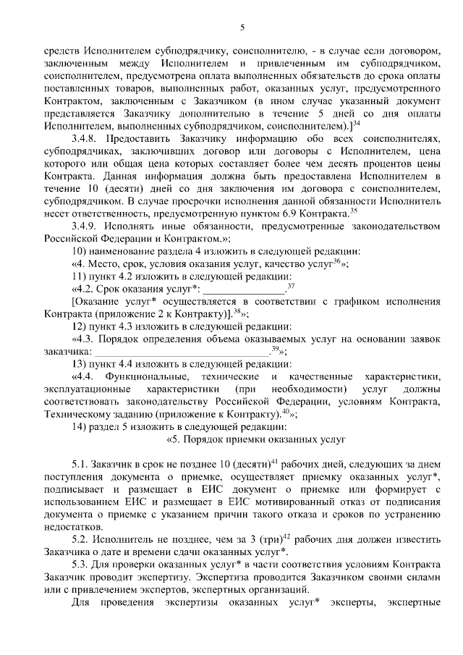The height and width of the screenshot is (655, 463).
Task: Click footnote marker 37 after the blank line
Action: point(290,287)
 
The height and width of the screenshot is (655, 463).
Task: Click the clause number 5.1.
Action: point(80,465)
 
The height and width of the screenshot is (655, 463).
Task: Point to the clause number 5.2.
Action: point(80,540)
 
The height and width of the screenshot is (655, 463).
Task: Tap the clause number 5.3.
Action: point(80,565)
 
